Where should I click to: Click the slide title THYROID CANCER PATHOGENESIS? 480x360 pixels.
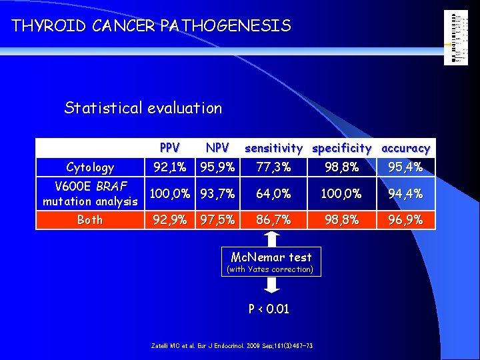151,26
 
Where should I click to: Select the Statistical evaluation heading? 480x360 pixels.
143,108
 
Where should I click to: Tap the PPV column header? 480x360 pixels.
170,147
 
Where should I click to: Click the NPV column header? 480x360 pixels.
217,147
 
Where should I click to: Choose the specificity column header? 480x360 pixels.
342,148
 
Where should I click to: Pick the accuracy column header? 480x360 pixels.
405,148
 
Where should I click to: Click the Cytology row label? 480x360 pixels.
90,167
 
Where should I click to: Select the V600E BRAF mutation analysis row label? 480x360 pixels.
90,193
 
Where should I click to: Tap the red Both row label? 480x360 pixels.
90,219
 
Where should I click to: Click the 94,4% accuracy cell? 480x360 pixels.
405,194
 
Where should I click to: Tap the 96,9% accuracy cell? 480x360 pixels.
405,219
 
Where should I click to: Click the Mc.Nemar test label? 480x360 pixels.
271,257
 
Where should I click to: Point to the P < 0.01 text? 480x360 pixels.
269,309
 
